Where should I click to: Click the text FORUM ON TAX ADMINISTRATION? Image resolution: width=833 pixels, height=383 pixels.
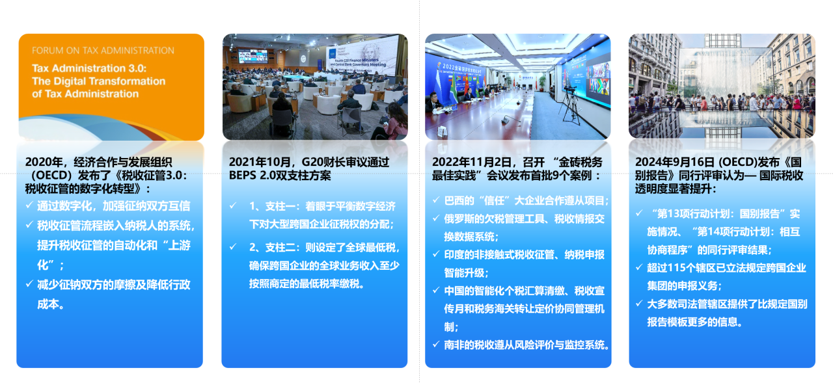pos(103,51)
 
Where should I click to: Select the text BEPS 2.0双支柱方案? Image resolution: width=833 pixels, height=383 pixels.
pos(280,176)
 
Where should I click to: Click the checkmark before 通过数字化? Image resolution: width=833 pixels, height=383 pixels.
pos(29,205)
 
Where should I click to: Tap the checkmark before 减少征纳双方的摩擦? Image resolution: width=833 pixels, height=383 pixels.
pos(29,284)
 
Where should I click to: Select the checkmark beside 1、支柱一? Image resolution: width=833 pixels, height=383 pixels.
pos(233,205)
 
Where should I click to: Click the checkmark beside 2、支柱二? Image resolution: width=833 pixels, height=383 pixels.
pos(233,246)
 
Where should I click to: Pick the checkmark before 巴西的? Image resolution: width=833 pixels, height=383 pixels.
pos(436,200)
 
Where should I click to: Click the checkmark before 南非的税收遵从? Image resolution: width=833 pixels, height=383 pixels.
pos(436,345)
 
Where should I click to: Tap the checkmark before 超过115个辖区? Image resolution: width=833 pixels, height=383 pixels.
pos(639,267)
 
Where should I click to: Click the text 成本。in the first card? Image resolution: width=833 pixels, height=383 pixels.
pos(51,304)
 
